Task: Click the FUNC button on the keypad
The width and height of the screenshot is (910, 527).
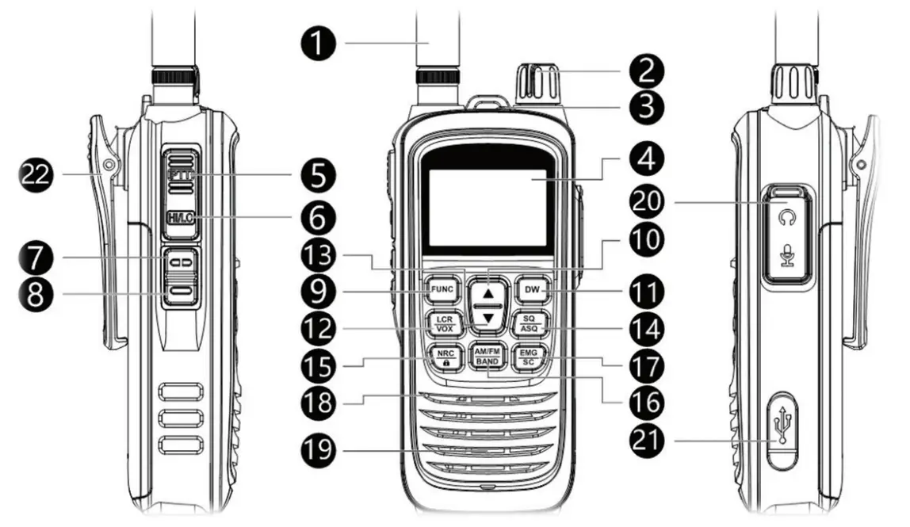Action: point(441,290)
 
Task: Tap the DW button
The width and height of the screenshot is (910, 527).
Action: point(530,290)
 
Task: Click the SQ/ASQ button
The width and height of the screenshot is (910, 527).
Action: point(530,323)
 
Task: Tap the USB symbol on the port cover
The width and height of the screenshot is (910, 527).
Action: point(784,426)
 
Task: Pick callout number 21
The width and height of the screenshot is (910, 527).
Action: point(649,438)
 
